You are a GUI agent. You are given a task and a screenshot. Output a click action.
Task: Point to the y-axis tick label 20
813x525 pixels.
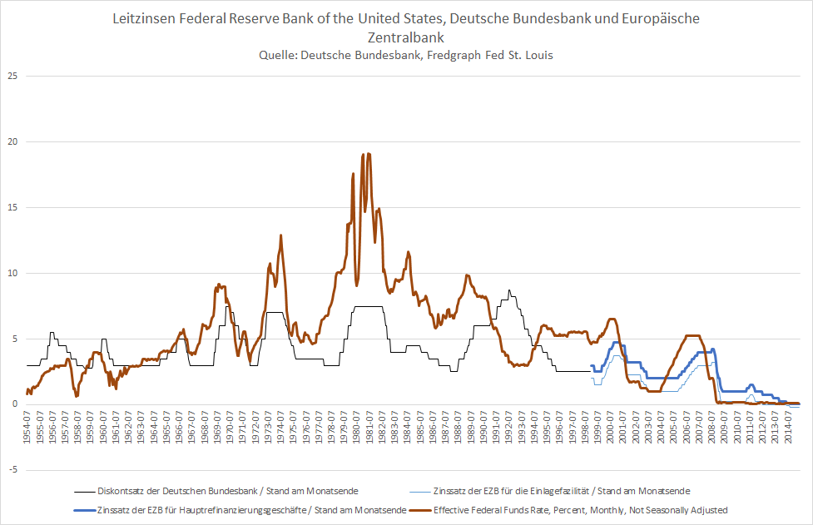pos(13,141)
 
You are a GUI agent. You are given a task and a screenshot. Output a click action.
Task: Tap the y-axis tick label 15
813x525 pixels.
pos(13,207)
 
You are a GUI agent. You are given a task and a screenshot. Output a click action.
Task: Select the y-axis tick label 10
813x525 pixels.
pos(13,273)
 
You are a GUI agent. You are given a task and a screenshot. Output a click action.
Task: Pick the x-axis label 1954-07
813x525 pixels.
pos(28,427)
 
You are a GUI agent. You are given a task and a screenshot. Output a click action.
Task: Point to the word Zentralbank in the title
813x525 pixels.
pos(406,37)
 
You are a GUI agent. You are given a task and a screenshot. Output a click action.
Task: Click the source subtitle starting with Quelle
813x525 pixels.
pos(406,56)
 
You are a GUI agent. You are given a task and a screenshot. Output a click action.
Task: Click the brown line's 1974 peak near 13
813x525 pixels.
pos(281,235)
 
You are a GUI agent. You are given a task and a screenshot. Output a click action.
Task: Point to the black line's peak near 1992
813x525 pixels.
pos(509,290)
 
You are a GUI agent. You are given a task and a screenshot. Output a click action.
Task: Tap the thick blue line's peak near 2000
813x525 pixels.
pos(617,342)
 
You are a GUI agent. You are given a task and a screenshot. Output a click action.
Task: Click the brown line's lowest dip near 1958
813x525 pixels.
pos(77,396)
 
